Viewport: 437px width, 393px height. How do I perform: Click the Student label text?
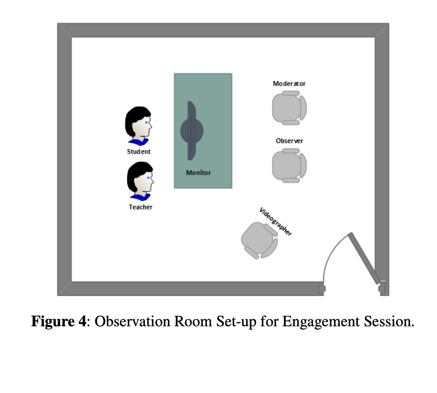139,152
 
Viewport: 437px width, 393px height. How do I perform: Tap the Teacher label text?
141,207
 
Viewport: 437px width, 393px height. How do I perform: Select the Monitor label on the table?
198,173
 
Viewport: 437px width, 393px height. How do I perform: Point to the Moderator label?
289,84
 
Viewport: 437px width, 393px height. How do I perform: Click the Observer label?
289,140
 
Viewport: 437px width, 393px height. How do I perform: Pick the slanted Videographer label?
275,222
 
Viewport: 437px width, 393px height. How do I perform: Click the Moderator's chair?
289,108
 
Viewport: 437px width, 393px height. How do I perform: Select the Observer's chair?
289,166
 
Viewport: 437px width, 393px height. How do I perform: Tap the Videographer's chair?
259,240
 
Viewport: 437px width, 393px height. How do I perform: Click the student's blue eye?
146,122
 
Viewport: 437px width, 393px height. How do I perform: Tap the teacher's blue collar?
140,197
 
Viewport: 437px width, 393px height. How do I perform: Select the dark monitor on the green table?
192,131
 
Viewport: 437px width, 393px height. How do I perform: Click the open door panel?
364,258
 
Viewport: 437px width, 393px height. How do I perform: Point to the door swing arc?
330,253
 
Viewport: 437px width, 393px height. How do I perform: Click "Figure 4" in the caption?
59,321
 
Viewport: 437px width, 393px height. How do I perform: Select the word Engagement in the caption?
321,322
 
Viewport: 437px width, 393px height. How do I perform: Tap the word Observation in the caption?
132,321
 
